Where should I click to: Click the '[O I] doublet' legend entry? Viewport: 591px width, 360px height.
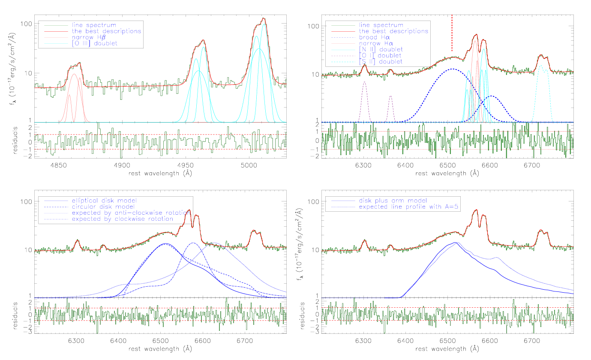[x=380, y=56]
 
